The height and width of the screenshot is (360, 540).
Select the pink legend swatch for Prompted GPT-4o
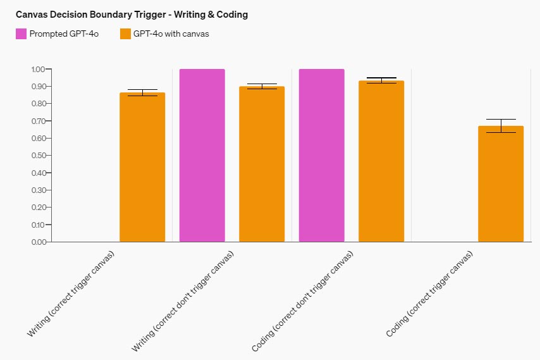[21, 34]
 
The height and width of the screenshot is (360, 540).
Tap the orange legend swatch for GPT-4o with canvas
[125, 34]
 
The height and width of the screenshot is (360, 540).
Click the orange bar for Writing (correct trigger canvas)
[142, 168]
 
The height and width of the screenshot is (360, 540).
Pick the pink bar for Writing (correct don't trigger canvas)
[202, 155]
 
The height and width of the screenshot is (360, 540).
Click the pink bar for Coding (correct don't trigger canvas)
[322, 155]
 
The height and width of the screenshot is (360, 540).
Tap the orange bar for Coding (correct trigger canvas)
[501, 184]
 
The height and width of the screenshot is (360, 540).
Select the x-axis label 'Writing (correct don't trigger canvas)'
[183, 301]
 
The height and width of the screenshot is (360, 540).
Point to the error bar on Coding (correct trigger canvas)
[501, 126]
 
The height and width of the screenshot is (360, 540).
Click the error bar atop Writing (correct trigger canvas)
[142, 92]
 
